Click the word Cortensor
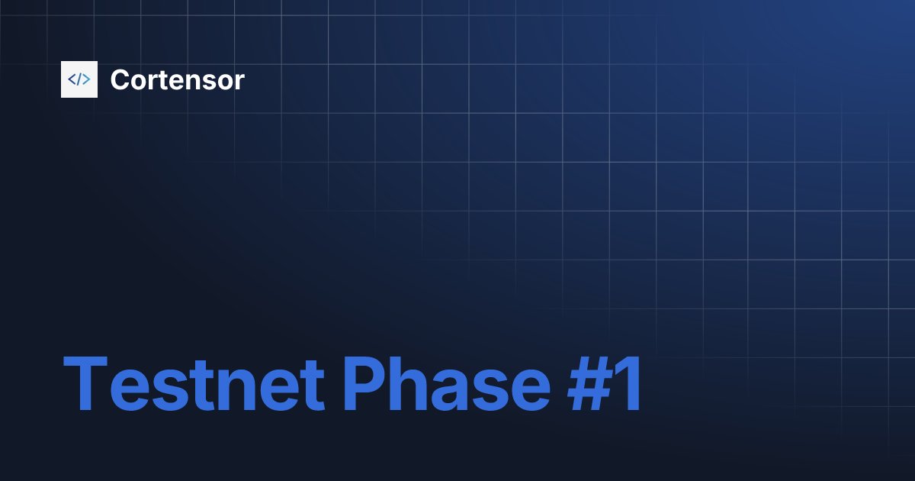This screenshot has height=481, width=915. [177, 79]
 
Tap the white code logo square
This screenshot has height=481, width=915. [79, 79]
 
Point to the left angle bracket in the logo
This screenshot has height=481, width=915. [72, 79]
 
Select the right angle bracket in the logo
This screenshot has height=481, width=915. [87, 79]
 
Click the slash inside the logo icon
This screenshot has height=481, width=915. [79, 79]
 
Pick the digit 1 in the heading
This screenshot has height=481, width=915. [630, 384]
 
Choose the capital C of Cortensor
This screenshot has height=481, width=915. [120, 79]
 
